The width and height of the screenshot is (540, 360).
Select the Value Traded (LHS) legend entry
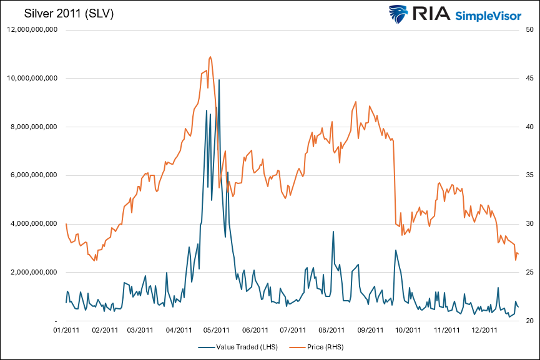tap(241, 347)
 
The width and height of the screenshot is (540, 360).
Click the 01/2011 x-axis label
tap(66, 330)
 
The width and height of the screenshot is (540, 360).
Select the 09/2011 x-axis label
tap(370, 330)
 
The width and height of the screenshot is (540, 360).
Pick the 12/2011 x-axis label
tap(484, 330)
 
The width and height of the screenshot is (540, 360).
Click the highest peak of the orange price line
tap(210, 57)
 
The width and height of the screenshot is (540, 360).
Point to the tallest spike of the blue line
tap(219, 80)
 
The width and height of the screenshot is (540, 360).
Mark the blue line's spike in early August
tap(333, 231)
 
